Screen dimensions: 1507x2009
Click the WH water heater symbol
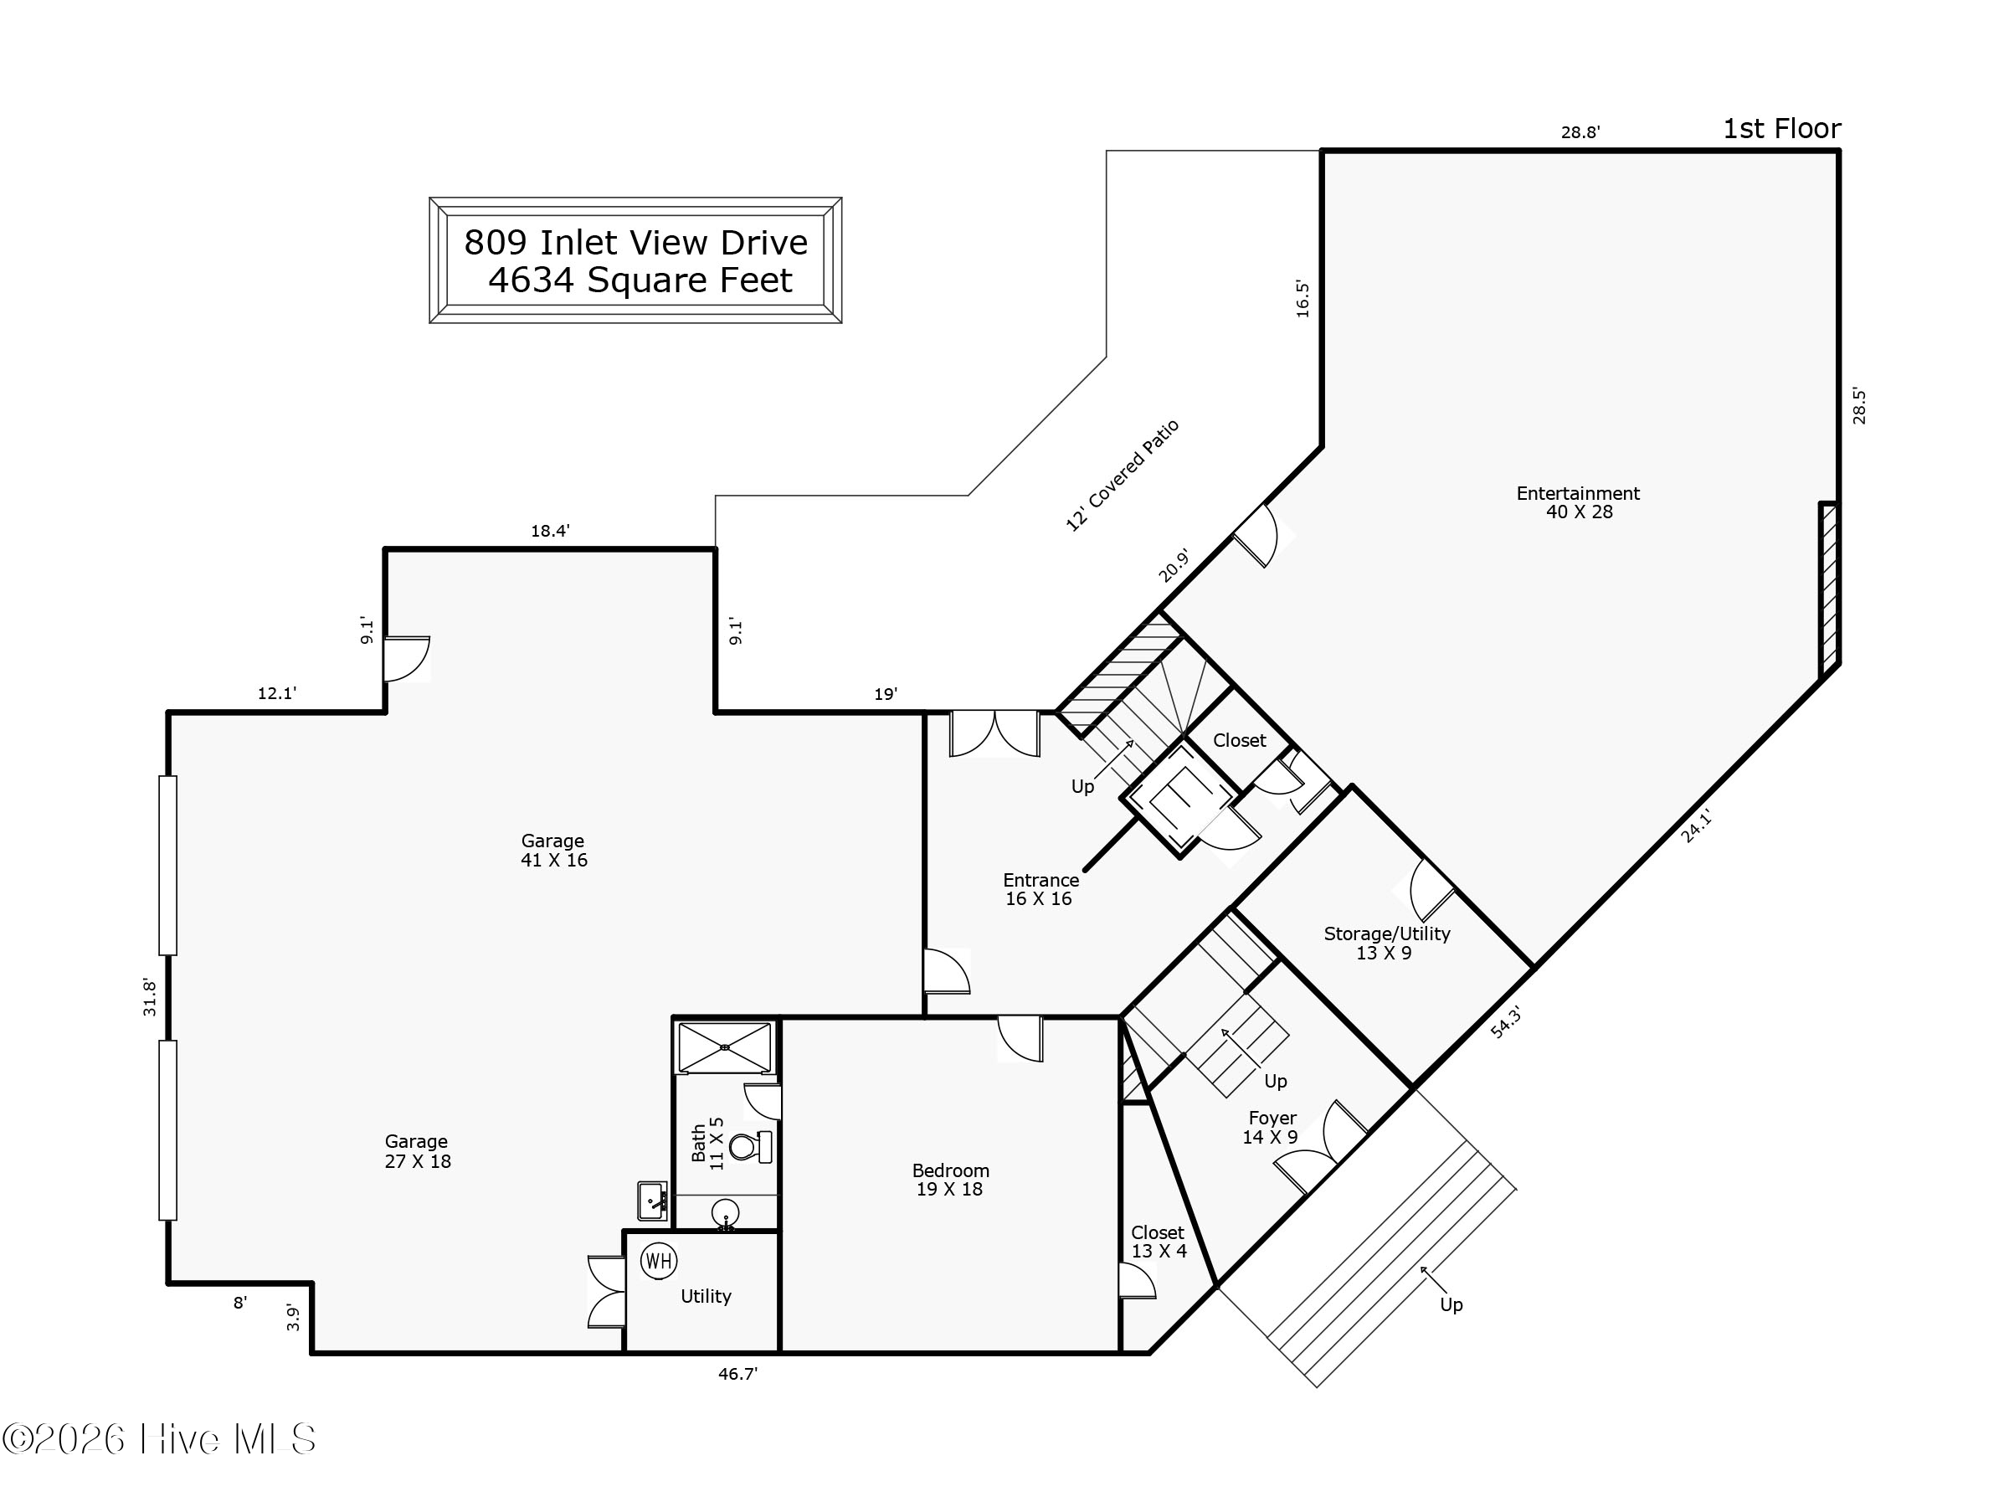659,1261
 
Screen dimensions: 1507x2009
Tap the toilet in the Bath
750,1147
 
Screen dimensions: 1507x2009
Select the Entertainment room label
1578,502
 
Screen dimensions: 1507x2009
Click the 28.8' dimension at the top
1580,132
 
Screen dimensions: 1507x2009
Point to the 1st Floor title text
1781,129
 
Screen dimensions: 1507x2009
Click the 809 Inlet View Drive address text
635,243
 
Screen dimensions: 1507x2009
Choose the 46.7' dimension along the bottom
737,1375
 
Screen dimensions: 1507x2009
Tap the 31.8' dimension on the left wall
150,997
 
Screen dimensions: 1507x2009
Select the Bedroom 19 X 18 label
950,1180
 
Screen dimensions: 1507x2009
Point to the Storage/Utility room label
1386,943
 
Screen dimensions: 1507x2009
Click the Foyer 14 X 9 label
1272,1127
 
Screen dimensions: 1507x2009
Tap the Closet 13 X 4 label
1158,1242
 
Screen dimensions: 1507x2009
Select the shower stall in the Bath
725,1047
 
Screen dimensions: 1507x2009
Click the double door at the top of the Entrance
994,734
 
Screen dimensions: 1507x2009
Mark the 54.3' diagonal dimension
1505,1022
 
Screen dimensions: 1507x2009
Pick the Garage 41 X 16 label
553,851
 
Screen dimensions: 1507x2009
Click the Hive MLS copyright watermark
160,1440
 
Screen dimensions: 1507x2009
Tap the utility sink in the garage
652,1201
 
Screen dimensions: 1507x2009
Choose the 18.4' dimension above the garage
551,532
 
